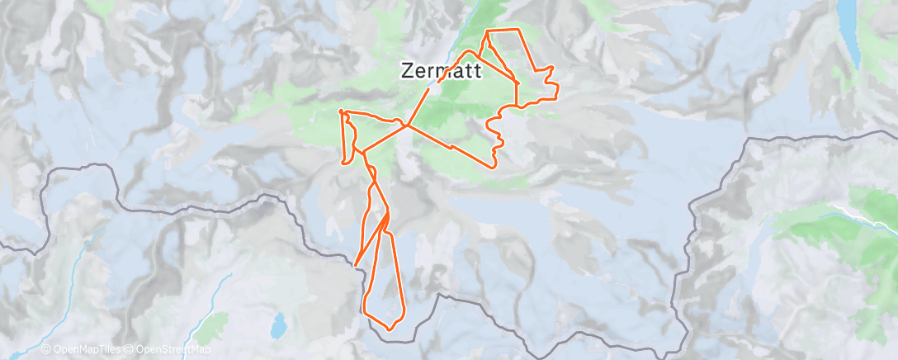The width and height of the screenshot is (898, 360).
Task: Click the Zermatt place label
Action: tap(442, 70)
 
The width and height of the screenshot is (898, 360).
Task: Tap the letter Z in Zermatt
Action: tap(408, 70)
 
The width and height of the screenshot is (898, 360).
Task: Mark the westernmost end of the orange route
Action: tap(340, 111)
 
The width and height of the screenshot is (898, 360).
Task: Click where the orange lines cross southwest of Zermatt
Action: tap(407, 126)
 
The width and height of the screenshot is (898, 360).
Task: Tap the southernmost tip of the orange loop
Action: tap(390, 329)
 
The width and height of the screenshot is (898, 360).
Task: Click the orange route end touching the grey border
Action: tap(357, 264)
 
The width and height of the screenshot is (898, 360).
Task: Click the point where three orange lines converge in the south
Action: tap(387, 214)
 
